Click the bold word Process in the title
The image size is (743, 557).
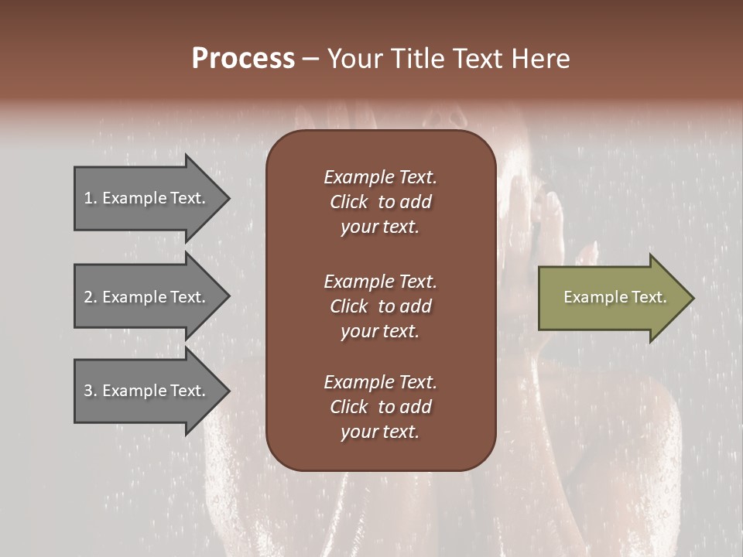pos(243,59)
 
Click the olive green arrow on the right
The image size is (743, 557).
pos(611,298)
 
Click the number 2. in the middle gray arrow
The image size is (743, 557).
pos(91,297)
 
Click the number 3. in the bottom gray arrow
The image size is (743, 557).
pos(91,391)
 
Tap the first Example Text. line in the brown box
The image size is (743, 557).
pos(380,177)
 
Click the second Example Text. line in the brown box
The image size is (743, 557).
pos(380,281)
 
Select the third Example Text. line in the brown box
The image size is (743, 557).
pos(380,382)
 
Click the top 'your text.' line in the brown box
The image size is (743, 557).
pos(380,227)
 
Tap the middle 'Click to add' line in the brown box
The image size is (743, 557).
pos(380,306)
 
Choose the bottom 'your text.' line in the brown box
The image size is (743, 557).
pos(380,432)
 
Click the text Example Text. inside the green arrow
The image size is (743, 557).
pos(615,297)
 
